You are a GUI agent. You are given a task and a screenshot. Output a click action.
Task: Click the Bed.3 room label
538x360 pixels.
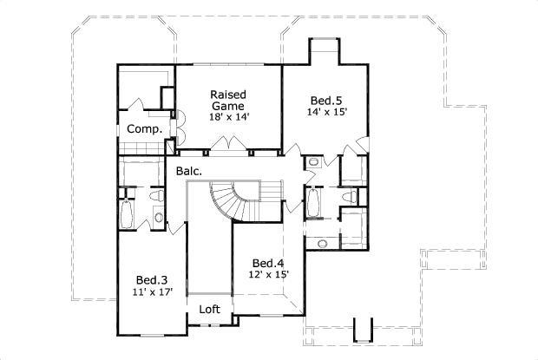[x=151, y=279]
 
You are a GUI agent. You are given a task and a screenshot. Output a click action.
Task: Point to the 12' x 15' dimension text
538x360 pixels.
[x=269, y=275]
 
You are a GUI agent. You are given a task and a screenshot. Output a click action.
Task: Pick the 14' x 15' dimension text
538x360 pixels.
[x=326, y=112]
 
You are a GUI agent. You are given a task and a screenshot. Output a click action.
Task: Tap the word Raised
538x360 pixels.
[x=229, y=94]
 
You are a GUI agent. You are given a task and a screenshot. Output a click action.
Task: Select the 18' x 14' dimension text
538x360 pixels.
[x=229, y=116]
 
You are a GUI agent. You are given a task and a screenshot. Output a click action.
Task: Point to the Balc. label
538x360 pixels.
[x=189, y=171]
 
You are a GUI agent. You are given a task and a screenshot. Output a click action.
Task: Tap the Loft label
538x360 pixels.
[x=209, y=309]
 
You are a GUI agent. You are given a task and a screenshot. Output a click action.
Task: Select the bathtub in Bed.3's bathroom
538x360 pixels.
[x=126, y=214]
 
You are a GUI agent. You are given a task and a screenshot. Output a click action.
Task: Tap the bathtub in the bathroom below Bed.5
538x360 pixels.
[x=314, y=205]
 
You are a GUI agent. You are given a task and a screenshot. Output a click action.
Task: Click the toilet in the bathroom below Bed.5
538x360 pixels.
[x=349, y=199]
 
